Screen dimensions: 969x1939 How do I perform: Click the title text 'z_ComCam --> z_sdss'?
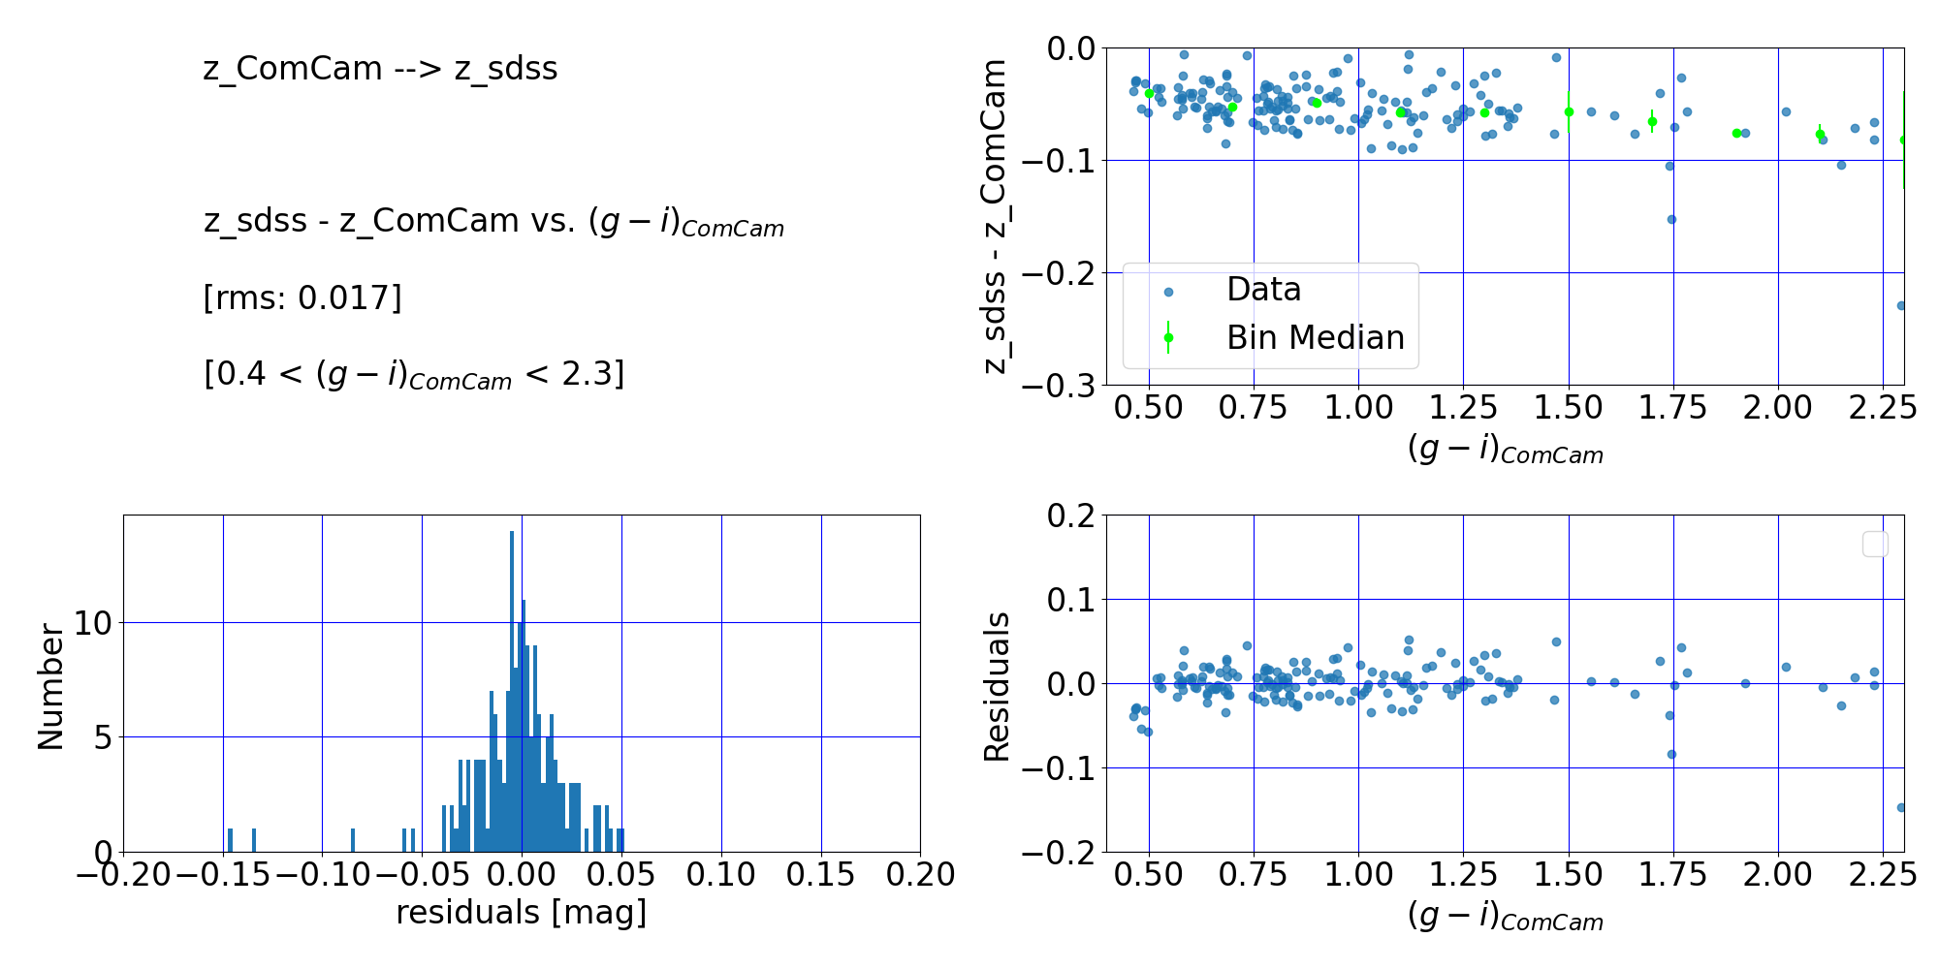point(380,69)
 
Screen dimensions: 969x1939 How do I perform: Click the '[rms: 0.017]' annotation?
point(302,297)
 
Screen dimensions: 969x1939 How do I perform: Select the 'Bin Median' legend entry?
point(1315,337)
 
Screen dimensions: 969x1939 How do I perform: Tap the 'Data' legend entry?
point(1263,290)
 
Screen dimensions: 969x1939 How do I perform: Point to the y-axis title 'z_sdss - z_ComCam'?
point(995,216)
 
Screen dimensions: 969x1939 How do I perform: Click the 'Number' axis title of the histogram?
point(50,686)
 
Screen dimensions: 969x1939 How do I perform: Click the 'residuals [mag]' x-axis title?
point(521,913)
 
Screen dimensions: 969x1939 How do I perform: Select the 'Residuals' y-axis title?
point(997,686)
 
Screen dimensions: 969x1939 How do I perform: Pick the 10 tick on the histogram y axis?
point(94,622)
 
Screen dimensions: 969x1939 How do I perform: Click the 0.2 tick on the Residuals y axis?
point(1070,515)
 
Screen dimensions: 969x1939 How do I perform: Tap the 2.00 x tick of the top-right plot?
point(1777,408)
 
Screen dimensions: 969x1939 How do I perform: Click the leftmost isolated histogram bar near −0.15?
point(230,840)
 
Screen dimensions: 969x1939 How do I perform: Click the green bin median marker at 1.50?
point(1569,111)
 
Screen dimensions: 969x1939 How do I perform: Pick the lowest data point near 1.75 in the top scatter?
point(1671,219)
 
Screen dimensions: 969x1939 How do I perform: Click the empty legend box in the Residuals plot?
point(1875,545)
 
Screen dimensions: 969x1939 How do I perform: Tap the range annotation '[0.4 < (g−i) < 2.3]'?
point(414,374)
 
